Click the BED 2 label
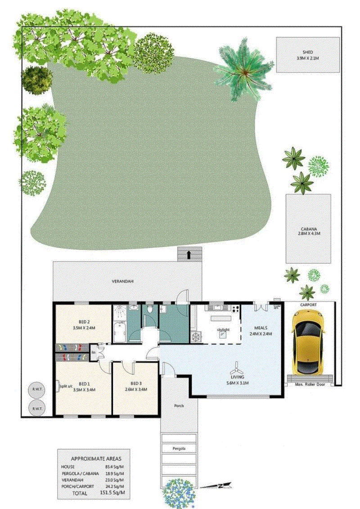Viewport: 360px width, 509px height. tap(83, 322)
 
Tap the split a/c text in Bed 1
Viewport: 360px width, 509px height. tap(67, 385)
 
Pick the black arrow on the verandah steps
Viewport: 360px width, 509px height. tap(188, 254)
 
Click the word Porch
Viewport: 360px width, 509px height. tap(179, 405)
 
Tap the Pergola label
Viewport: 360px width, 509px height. tap(179, 449)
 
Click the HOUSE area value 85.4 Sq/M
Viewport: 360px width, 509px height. tap(112, 467)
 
